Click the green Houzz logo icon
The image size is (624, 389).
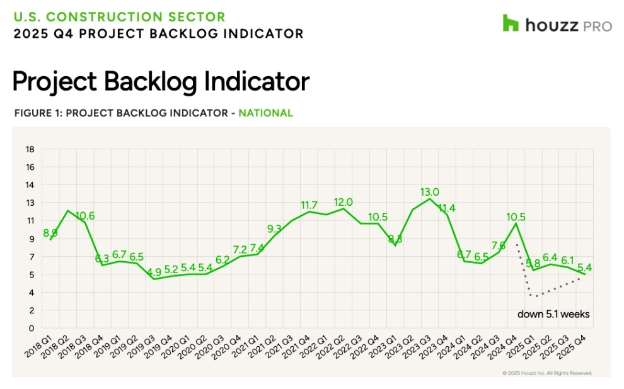click(x=511, y=23)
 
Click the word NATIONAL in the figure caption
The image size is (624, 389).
click(x=265, y=113)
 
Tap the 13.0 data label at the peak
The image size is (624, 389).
click(x=430, y=192)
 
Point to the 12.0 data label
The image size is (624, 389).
click(x=343, y=202)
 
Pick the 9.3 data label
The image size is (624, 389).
click(x=274, y=229)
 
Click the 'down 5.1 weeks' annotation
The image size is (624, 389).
click(x=553, y=313)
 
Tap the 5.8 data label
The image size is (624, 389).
click(x=533, y=263)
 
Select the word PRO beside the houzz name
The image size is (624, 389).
click(x=597, y=26)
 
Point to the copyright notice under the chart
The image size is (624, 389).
click(x=546, y=373)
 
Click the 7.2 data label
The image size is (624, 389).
click(x=240, y=250)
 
